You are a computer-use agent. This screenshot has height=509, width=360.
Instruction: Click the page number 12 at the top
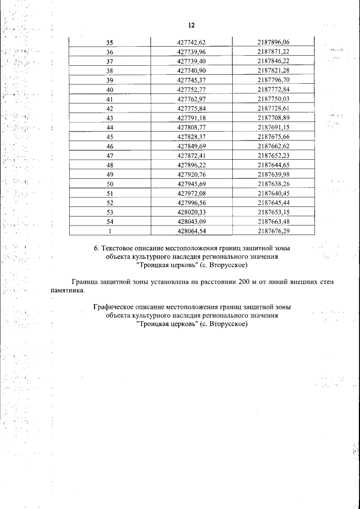(x=191, y=26)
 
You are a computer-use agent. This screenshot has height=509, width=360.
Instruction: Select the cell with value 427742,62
(x=192, y=42)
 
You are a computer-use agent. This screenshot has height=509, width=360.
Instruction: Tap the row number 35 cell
(x=110, y=42)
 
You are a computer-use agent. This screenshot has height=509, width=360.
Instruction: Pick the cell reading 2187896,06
(x=273, y=42)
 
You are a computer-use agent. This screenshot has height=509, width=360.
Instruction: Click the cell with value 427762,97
(x=192, y=99)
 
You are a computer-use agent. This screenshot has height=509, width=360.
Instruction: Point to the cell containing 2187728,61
(x=273, y=108)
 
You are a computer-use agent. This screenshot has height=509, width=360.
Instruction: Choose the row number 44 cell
(x=110, y=127)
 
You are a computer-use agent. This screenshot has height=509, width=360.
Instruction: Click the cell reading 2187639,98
(x=273, y=174)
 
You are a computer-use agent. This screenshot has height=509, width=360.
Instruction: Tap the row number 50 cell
(x=110, y=184)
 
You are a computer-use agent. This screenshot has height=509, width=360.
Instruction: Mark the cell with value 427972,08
(x=192, y=193)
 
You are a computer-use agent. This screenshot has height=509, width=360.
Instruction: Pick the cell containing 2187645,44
(x=273, y=202)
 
